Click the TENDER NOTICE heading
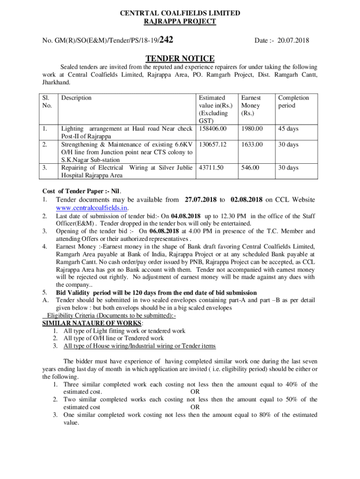coord(180,58)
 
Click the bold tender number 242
coord(167,41)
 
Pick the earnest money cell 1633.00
coord(251,145)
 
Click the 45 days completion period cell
coord(288,129)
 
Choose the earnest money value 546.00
coord(249,167)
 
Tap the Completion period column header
coord(293,102)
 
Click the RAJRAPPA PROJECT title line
coord(180,22)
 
